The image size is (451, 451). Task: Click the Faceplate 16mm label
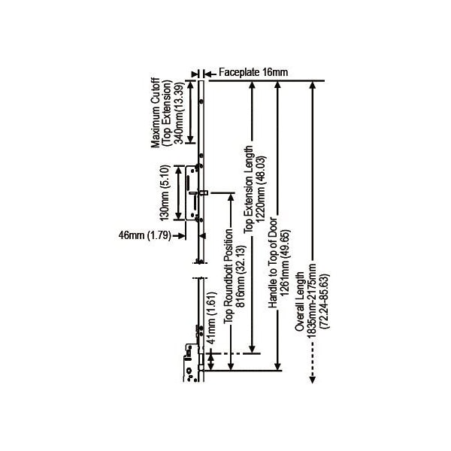click(253, 72)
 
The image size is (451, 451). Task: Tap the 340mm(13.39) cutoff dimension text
click(179, 113)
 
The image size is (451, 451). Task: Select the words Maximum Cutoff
click(156, 113)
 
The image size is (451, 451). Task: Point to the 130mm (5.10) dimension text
click(165, 192)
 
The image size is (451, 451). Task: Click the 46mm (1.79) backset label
click(144, 235)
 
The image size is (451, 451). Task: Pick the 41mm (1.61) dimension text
click(212, 318)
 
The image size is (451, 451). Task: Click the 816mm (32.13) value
click(241, 276)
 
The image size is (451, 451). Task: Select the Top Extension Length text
click(248, 189)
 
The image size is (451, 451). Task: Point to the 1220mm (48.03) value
click(261, 189)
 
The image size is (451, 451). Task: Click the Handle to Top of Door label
click(273, 263)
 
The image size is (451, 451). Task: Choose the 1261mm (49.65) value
click(286, 262)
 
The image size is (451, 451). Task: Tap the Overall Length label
click(299, 301)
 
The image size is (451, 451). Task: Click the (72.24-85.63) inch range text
click(325, 301)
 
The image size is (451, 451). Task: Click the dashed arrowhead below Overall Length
click(313, 380)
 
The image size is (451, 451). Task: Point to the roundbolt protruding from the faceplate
click(205, 192)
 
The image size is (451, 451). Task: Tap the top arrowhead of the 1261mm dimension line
click(277, 85)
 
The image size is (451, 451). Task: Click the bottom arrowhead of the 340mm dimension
click(190, 139)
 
